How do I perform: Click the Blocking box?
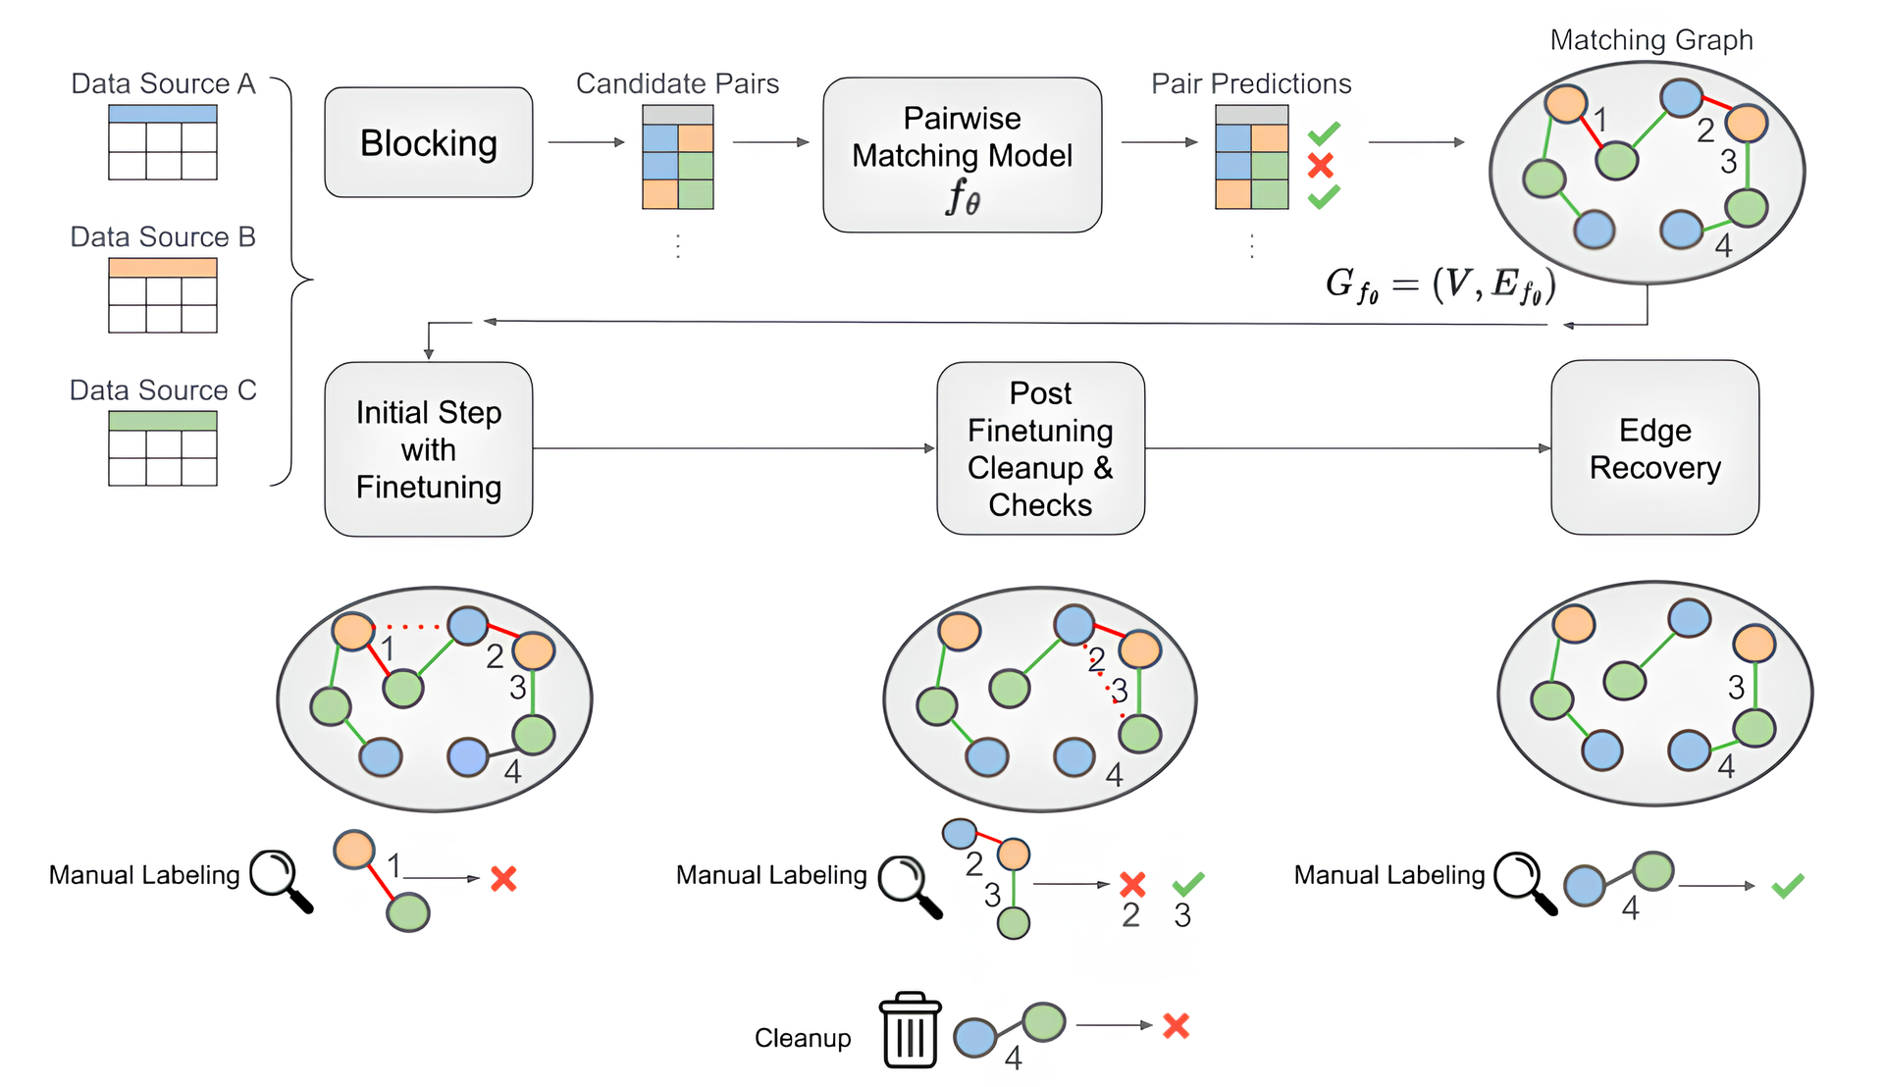428,142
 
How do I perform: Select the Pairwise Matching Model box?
962,154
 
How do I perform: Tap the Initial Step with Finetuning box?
428,449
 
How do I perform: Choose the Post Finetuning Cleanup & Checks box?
1040,448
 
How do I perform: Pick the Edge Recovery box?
1654,447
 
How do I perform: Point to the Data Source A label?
163,83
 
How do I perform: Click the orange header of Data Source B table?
163,267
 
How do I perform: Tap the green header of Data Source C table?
163,420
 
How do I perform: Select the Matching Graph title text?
1650,40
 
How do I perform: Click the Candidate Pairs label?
677,83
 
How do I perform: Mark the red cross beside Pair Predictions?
1321,165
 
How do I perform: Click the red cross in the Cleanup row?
1176,1026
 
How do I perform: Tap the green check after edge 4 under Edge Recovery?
1787,886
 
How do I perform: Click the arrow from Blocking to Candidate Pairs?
586,142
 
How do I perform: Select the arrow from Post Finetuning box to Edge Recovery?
1347,448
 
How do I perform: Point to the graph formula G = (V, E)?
1439,285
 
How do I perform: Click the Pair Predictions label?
1251,83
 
